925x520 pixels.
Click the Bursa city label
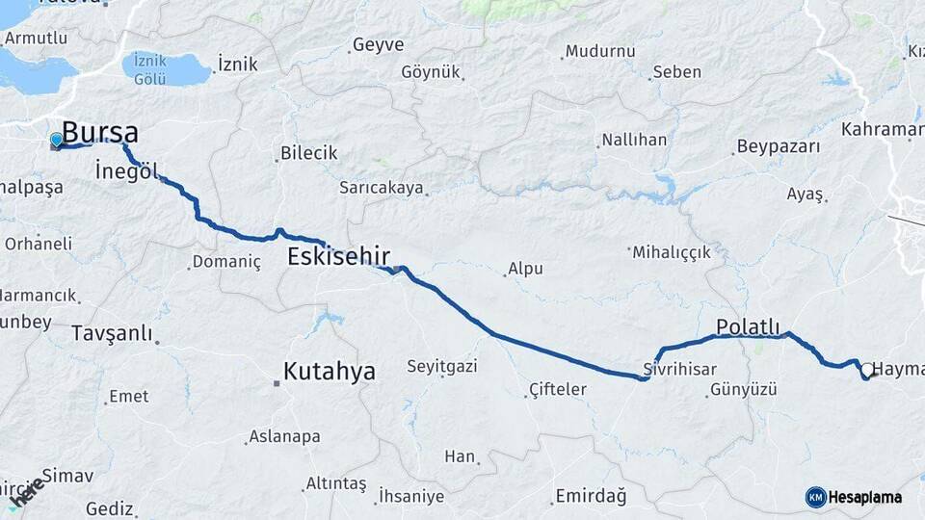click(x=100, y=133)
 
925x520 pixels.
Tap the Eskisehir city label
click(x=338, y=256)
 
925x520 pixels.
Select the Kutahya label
click(x=330, y=372)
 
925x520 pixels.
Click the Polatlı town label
click(x=748, y=326)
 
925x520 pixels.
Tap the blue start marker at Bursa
click(x=56, y=141)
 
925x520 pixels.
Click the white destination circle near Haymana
click(x=867, y=369)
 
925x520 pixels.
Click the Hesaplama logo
click(x=854, y=497)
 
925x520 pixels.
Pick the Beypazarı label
click(x=778, y=147)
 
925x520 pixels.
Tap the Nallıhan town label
click(x=634, y=140)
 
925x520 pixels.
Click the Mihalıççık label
click(x=672, y=252)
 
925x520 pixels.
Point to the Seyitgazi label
click(x=442, y=367)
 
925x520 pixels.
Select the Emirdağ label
click(x=590, y=497)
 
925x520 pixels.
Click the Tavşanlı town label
click(x=113, y=333)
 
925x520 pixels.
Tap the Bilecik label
click(x=308, y=153)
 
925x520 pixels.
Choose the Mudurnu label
click(x=600, y=51)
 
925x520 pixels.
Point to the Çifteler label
click(x=558, y=389)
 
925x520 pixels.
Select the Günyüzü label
click(x=743, y=389)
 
